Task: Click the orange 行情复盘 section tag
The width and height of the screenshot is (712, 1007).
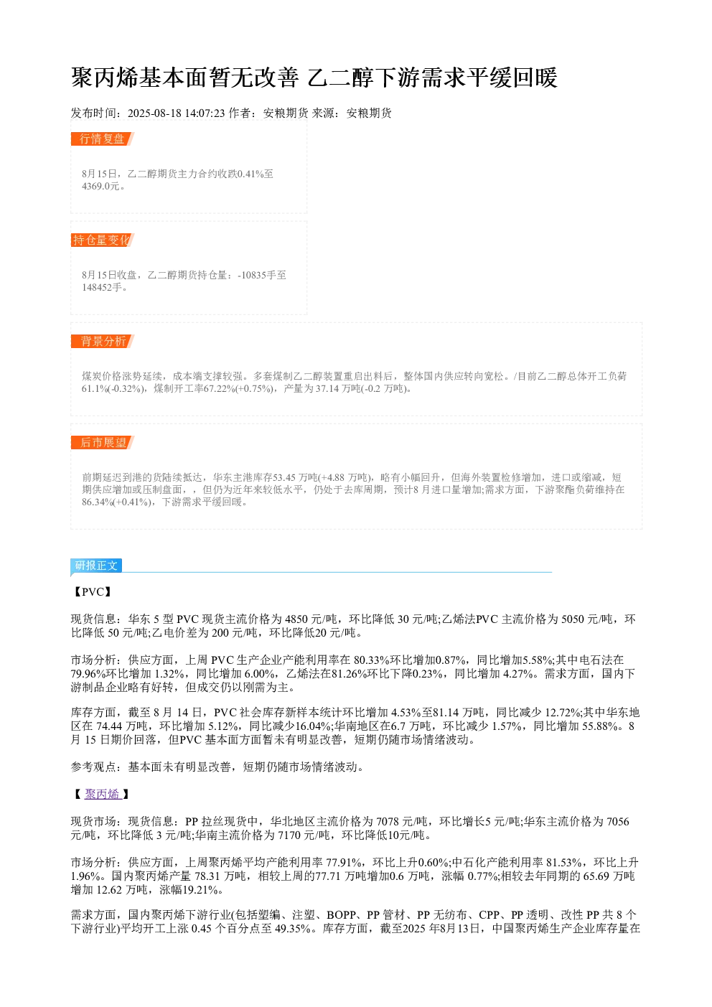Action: click(102, 139)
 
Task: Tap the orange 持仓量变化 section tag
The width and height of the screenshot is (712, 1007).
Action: click(102, 240)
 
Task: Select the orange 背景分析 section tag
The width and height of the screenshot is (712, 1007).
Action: click(102, 341)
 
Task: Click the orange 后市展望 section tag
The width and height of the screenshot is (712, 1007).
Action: click(102, 442)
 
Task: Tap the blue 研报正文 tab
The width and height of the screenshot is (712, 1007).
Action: click(96, 566)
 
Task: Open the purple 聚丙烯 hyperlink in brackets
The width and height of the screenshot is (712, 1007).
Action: click(103, 794)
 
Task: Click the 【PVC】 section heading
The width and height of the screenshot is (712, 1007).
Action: click(92, 591)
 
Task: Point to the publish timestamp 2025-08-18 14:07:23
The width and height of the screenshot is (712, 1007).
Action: click(176, 113)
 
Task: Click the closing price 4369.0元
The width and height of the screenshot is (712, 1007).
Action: click(100, 186)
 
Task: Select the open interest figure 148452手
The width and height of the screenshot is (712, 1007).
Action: click(102, 287)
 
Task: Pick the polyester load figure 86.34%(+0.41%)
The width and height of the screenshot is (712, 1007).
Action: click(116, 502)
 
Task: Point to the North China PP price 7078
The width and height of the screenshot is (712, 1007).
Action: click(388, 821)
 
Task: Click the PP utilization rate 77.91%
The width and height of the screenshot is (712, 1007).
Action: click(344, 862)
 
